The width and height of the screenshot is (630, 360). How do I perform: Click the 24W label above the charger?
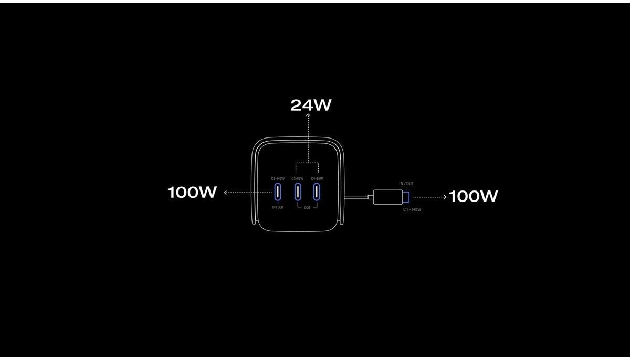(x=311, y=105)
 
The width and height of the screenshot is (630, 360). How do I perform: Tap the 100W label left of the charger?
(x=192, y=193)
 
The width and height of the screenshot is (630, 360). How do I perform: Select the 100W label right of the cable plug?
(x=473, y=196)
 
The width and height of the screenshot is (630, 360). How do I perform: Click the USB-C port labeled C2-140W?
(x=278, y=192)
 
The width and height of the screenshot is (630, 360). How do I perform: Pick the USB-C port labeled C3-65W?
(x=298, y=192)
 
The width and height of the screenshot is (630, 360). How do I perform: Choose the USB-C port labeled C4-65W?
(x=317, y=192)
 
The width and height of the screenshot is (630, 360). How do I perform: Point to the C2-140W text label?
(x=277, y=179)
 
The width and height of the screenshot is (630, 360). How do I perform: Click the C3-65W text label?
(x=297, y=179)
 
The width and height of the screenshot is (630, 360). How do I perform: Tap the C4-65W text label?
(x=317, y=179)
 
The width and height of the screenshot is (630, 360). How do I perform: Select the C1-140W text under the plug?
(x=412, y=209)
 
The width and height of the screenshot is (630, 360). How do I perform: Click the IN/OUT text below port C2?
(x=278, y=207)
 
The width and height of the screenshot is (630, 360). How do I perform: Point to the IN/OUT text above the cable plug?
(x=406, y=184)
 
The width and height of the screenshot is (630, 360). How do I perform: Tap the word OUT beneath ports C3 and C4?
(x=307, y=207)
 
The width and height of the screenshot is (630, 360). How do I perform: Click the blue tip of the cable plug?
(x=406, y=197)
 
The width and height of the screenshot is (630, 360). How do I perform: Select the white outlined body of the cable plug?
(x=387, y=197)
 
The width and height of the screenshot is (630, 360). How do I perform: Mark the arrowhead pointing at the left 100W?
(x=226, y=193)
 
